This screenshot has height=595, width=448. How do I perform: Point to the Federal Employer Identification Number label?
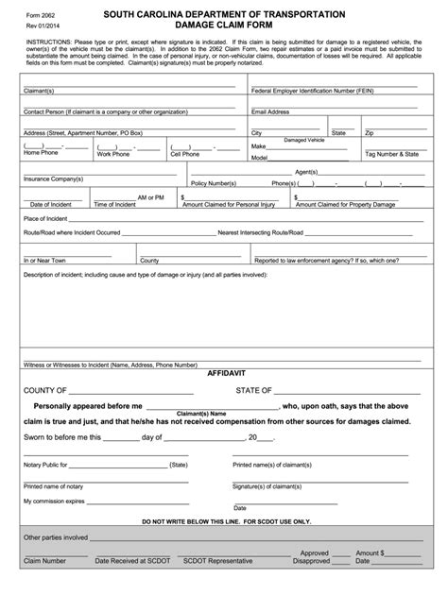[317, 92]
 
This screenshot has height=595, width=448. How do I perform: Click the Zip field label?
[370, 133]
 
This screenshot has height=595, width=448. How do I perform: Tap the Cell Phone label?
[185, 153]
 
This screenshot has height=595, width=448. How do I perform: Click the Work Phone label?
[114, 153]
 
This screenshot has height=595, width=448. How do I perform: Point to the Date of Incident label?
[51, 204]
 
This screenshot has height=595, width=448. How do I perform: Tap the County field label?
[149, 259]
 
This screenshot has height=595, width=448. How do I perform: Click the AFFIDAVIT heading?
[224, 374]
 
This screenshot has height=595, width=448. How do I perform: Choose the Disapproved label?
[312, 561]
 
